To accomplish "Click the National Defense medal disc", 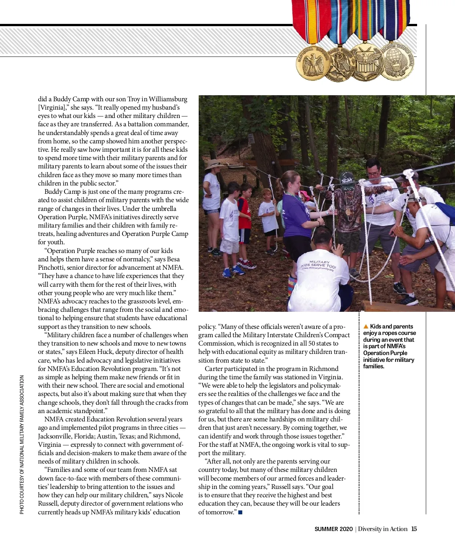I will click(313, 63).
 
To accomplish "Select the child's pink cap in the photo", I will click(304, 195).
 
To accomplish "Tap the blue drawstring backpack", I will click(446, 212).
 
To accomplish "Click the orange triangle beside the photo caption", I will click(366, 327).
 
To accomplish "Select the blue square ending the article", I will click(240, 512).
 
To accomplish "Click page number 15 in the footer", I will click(414, 529).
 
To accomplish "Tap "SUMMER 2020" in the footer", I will click(334, 529).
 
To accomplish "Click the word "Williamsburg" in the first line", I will click(168, 99).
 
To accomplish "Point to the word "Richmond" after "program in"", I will click(323, 369).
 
